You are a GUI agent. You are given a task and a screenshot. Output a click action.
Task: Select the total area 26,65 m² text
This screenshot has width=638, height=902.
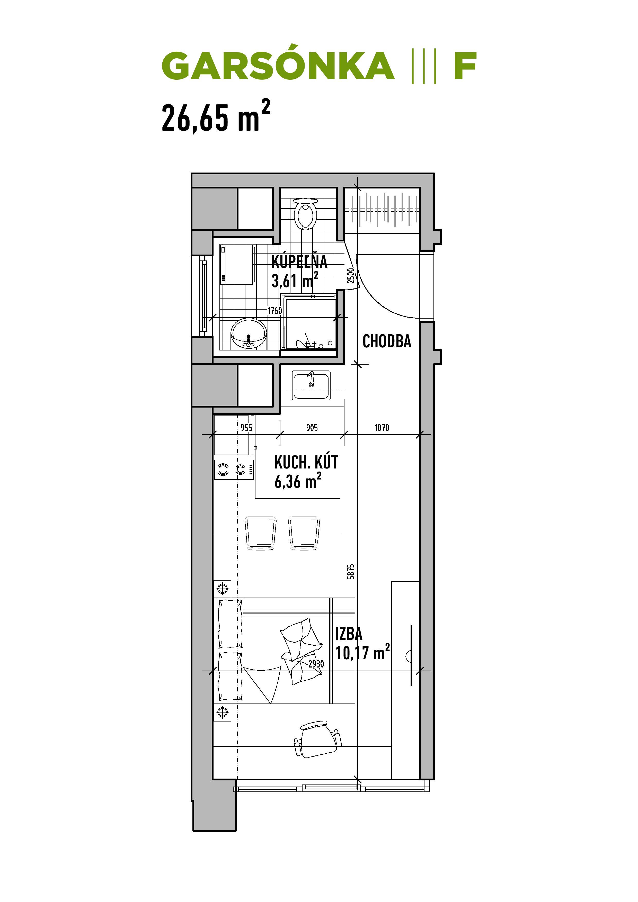pyautogui.click(x=216, y=117)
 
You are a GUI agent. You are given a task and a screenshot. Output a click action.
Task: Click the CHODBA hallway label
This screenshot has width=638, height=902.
pyautogui.click(x=387, y=341)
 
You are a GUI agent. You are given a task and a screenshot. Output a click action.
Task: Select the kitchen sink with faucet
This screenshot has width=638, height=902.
pyautogui.click(x=311, y=385)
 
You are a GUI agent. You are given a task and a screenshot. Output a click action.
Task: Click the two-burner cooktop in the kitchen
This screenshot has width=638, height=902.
pyautogui.click(x=234, y=469)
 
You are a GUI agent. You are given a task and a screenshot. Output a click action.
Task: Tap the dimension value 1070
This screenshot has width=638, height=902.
pyautogui.click(x=382, y=427)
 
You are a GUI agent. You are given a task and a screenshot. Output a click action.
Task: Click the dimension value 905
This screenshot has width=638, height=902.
pyautogui.click(x=312, y=427)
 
